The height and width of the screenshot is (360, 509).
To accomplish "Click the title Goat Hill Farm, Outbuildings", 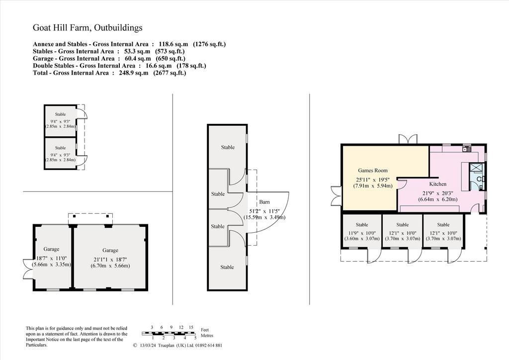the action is [87, 28].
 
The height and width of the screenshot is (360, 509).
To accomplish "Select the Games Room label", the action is [373, 171].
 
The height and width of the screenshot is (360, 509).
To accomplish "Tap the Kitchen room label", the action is [437, 184].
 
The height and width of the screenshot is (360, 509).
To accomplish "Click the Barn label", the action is [264, 202].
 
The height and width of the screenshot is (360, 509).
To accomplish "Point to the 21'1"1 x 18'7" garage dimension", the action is [110, 260].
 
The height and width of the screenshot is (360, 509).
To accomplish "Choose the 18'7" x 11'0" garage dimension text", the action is [52, 259].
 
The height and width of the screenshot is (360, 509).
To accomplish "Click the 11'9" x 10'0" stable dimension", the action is [362, 233].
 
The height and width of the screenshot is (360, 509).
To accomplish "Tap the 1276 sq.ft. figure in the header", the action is [209, 44].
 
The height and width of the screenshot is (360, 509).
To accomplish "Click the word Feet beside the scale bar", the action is [205, 330].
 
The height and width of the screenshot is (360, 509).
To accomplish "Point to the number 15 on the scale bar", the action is [191, 328].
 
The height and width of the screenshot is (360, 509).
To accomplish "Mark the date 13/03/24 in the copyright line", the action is [147, 346].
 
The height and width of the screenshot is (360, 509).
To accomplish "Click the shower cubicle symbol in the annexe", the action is [476, 168].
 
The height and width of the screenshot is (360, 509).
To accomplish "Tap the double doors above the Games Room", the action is [408, 139].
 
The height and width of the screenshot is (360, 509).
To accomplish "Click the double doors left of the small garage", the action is [28, 269].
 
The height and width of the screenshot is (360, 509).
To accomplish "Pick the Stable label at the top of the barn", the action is [228, 147].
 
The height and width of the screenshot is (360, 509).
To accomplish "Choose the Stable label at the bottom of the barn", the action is [227, 267].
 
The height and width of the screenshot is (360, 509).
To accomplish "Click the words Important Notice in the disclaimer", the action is [42, 340].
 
